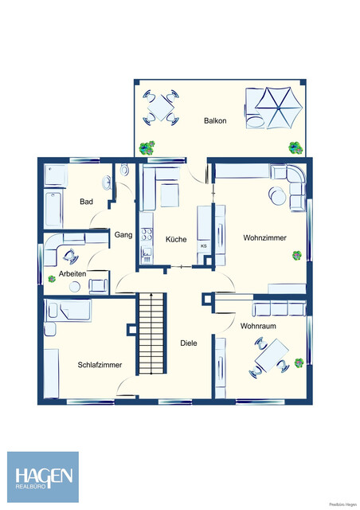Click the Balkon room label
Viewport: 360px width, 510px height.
coord(215,121)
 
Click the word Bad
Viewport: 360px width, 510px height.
coord(86,202)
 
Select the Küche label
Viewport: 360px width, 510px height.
coord(176,238)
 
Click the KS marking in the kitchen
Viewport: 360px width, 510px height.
coord(203,245)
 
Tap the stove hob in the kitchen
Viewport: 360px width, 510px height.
coord(147,235)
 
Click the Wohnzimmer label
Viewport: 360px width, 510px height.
coord(264,237)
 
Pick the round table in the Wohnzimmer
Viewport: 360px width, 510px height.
coord(276,195)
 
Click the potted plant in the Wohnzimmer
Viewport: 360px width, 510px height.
coord(297,255)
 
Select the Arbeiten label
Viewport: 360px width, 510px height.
coord(73,273)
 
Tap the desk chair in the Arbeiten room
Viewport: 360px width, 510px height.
coord(68,256)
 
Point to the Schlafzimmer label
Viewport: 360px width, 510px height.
coord(100,365)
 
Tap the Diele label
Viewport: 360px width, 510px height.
coord(188,343)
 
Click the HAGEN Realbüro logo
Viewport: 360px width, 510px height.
coord(43,477)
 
